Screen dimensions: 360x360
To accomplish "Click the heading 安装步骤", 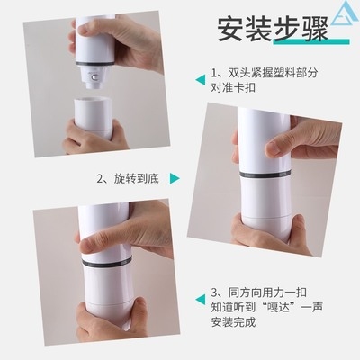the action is pyautogui.click(x=273, y=30).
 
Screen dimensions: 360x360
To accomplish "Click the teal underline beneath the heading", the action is pyautogui.click(x=311, y=41).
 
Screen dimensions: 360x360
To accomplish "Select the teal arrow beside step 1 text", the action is pyautogui.click(x=201, y=80).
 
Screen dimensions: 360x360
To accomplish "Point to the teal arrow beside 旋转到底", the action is pyautogui.click(x=175, y=178).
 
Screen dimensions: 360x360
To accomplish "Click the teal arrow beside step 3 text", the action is pyautogui.click(x=201, y=300).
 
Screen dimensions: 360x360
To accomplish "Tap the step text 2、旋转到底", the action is pyautogui.click(x=128, y=179).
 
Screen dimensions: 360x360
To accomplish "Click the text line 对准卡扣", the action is pyautogui.click(x=233, y=87).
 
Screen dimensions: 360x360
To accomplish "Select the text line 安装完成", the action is pyautogui.click(x=233, y=322).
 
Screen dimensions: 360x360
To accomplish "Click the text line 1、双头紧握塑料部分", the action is pyautogui.click(x=265, y=73).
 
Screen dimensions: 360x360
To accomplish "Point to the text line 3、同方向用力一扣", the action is pyautogui.click(x=259, y=292).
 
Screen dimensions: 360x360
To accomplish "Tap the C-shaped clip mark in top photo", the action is pyautogui.click(x=94, y=77).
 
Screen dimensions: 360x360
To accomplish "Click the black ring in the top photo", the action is pyautogui.click(x=94, y=64).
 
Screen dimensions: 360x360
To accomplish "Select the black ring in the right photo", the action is pyautogui.click(x=265, y=175).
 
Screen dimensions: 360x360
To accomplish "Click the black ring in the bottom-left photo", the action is pyautogui.click(x=107, y=262).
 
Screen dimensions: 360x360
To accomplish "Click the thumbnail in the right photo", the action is pyautogui.click(x=272, y=149).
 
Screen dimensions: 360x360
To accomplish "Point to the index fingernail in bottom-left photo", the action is pyautogui.click(x=87, y=247).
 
